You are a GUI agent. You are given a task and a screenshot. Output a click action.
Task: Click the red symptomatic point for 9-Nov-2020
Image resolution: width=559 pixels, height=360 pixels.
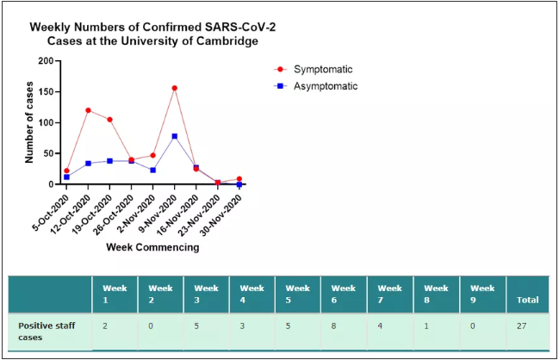tap(175, 88)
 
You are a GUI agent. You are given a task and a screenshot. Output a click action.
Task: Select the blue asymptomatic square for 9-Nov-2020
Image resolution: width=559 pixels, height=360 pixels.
tap(175, 136)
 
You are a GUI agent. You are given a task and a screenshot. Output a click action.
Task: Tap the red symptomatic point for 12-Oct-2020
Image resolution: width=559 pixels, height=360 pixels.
tap(88, 110)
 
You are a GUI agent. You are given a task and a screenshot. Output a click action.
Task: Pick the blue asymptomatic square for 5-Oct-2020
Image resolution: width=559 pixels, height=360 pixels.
tap(66, 177)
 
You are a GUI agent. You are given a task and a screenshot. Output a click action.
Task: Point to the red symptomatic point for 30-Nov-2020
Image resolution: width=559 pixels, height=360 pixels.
tap(239, 179)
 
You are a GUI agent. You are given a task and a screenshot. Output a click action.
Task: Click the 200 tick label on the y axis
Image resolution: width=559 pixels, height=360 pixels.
tap(46, 61)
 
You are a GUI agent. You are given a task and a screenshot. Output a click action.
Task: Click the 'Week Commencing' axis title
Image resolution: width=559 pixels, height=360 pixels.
tap(152, 247)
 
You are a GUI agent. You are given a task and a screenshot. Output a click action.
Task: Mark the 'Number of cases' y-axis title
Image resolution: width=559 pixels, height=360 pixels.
tap(29, 122)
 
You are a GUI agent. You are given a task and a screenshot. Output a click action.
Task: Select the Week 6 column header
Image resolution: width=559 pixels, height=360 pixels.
tap(344, 294)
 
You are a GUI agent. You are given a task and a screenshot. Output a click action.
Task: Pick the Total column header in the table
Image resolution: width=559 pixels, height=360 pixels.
tap(528, 300)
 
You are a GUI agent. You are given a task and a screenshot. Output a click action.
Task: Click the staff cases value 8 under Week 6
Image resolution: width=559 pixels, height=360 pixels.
tap(333, 326)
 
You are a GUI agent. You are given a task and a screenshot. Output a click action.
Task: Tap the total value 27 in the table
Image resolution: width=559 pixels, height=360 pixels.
tap(522, 326)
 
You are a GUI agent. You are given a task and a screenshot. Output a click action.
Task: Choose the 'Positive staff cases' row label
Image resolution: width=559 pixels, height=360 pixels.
tap(47, 332)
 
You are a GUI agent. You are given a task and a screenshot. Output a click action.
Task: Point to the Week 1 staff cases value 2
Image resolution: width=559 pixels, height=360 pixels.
tap(105, 326)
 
